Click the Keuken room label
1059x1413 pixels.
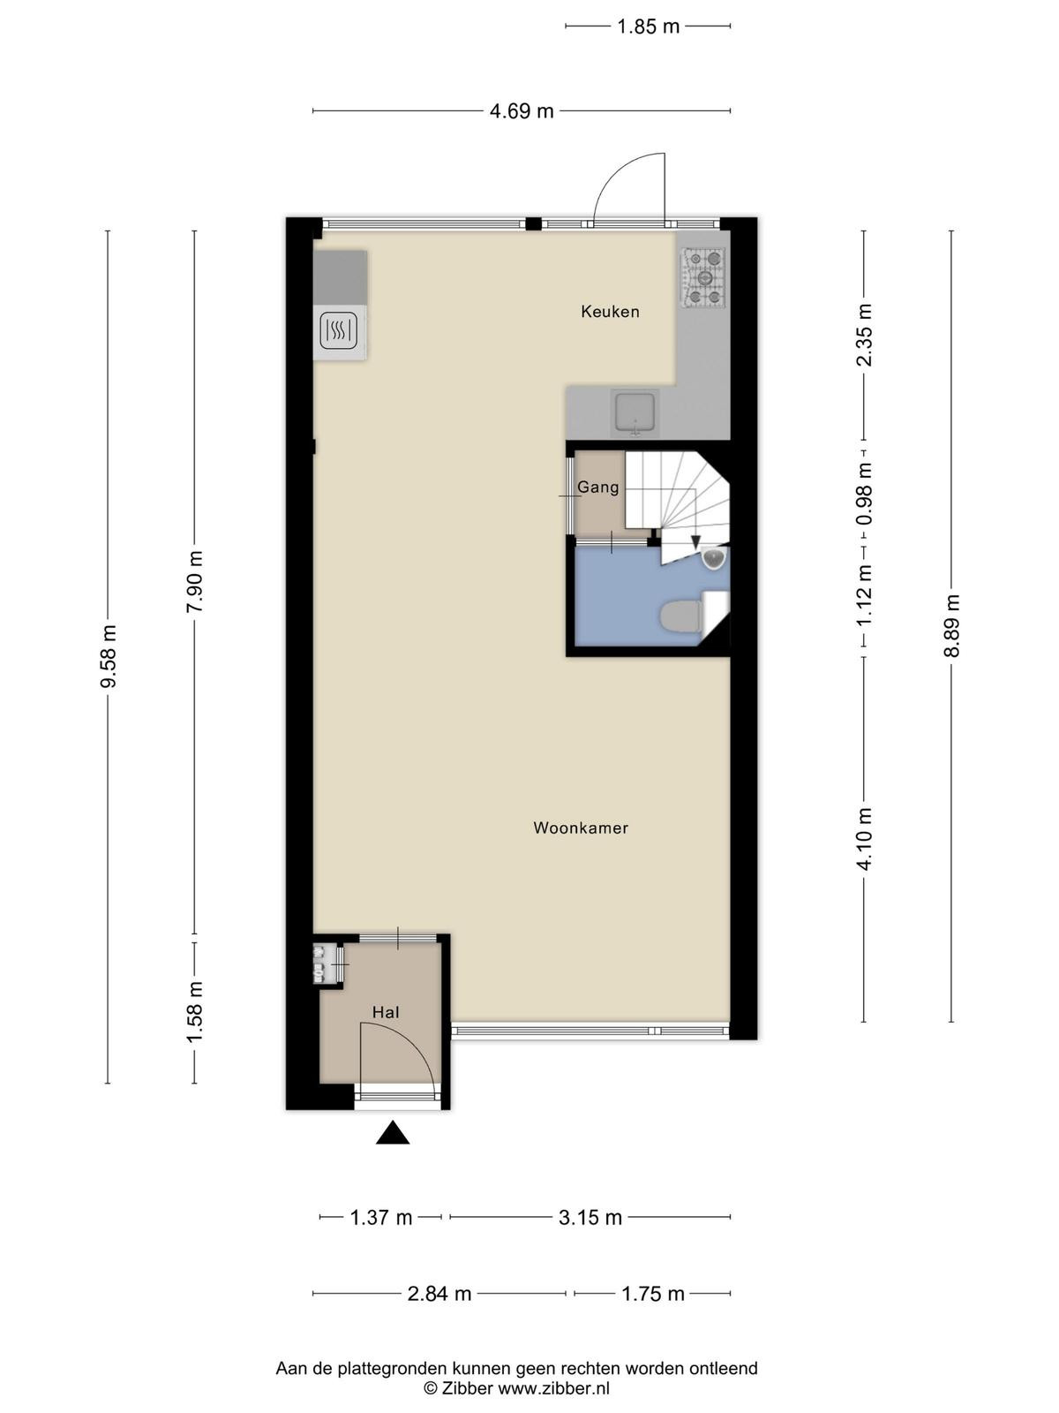pyautogui.click(x=610, y=312)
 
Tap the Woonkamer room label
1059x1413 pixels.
pyautogui.click(x=581, y=827)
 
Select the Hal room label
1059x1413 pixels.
pyautogui.click(x=386, y=1013)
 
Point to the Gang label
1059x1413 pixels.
pyautogui.click(x=598, y=487)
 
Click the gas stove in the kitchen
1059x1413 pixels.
pyautogui.click(x=704, y=277)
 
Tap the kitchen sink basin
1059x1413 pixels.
pyautogui.click(x=635, y=412)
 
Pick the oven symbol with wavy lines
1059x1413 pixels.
pyautogui.click(x=340, y=331)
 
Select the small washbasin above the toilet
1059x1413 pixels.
pyautogui.click(x=714, y=558)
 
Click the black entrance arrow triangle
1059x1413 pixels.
pyautogui.click(x=392, y=1151)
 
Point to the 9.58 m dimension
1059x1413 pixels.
pyautogui.click(x=108, y=656)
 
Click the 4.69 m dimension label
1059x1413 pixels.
pyautogui.click(x=522, y=111)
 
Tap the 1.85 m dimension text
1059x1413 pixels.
pyautogui.click(x=648, y=26)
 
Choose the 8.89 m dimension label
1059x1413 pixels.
pyautogui.click(x=951, y=625)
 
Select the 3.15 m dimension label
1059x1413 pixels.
pyautogui.click(x=590, y=1217)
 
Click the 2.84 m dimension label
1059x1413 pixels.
pyautogui.click(x=439, y=1293)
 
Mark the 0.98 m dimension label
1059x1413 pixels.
pyautogui.click(x=865, y=493)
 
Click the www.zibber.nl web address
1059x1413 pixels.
pyautogui.click(x=553, y=1388)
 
